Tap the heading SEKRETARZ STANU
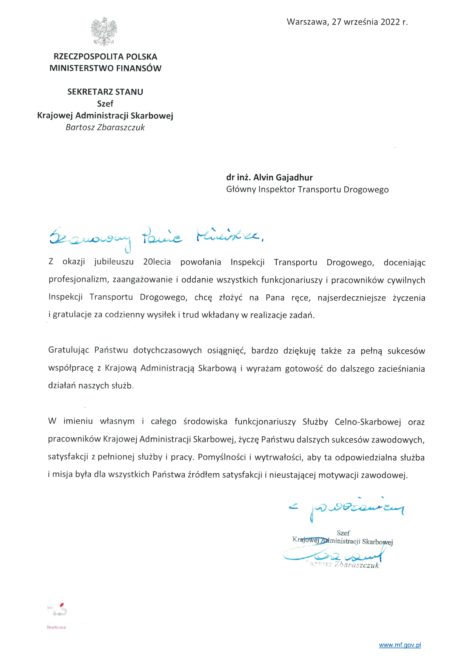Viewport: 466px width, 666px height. tap(105, 92)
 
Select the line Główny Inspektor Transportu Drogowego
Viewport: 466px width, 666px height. tap(307, 190)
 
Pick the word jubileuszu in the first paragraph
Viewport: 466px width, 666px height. tap(114, 262)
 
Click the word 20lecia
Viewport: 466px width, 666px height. tap(157, 262)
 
